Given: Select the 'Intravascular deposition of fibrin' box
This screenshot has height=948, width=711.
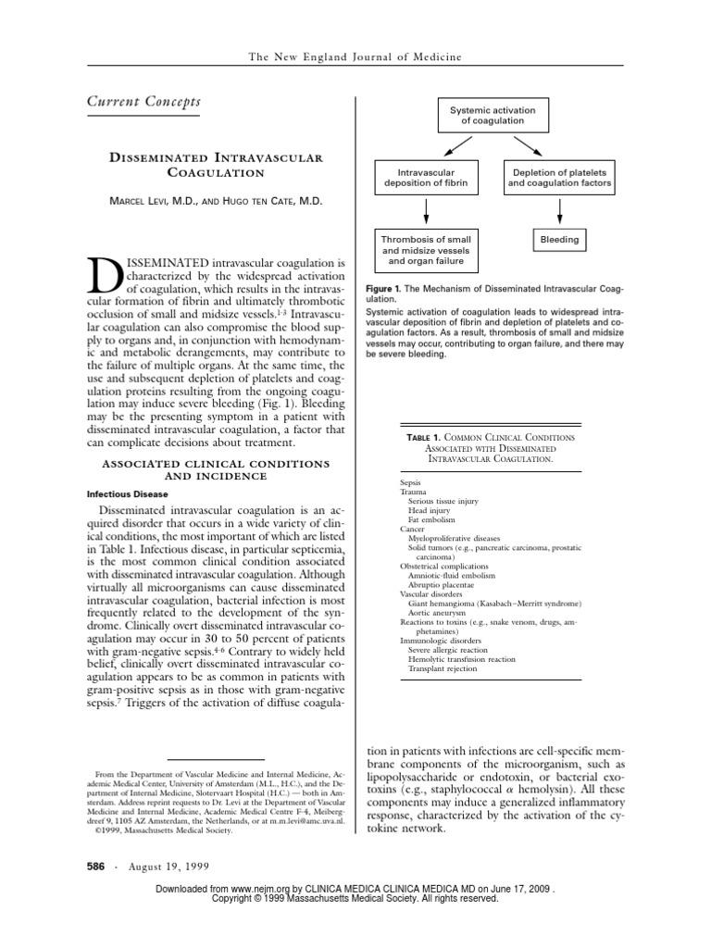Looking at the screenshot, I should (426, 178).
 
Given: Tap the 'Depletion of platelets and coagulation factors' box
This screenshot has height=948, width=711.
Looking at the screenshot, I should (559, 178).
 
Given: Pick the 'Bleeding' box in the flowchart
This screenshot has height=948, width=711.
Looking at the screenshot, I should (559, 240).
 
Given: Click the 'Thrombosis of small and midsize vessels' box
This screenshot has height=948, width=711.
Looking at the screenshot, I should (426, 251).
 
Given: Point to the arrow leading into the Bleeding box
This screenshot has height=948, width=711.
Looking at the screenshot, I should (559, 213).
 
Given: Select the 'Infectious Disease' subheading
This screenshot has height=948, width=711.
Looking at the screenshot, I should (128, 494).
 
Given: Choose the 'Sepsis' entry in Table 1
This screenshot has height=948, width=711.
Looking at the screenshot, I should (410, 483).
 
